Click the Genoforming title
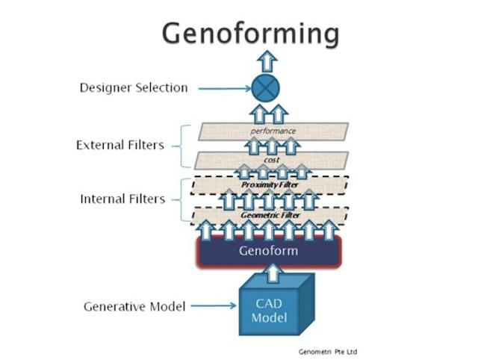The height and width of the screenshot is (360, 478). click(x=251, y=34)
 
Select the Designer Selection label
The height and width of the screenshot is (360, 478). click(x=134, y=88)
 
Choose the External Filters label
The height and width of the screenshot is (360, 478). click(x=119, y=145)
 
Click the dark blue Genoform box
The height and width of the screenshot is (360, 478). click(x=268, y=251)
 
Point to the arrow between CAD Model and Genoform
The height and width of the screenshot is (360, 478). click(x=274, y=274)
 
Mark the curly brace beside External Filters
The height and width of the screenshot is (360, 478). click(x=179, y=146)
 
